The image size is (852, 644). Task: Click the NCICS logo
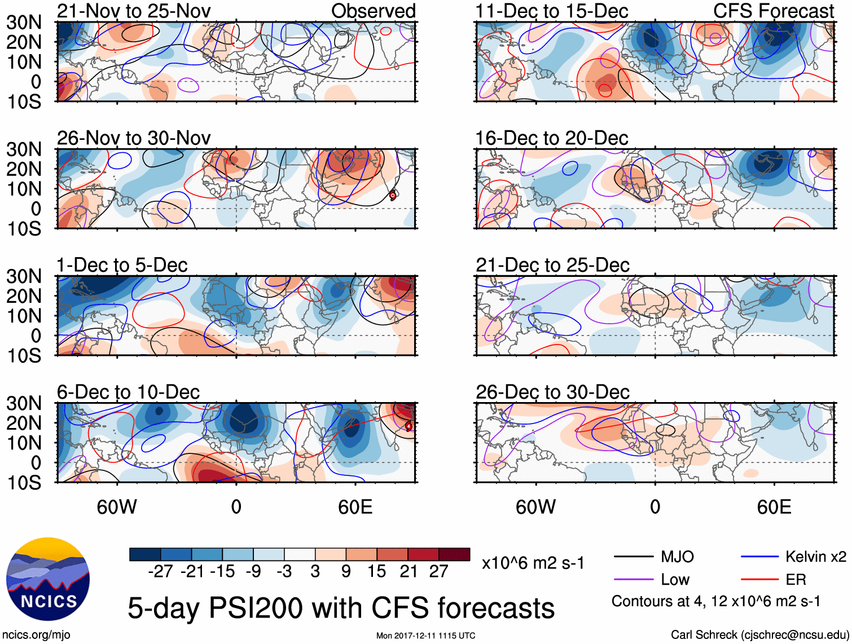pyautogui.click(x=48, y=579)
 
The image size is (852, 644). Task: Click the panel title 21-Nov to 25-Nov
pyautogui.click(x=134, y=11)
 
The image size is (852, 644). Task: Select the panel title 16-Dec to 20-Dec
pyautogui.click(x=551, y=138)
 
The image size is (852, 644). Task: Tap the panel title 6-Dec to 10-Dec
pyautogui.click(x=128, y=392)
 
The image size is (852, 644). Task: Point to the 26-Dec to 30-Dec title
pyautogui.click(x=552, y=392)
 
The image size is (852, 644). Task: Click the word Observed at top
pyautogui.click(x=373, y=11)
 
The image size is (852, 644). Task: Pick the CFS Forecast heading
pyautogui.click(x=773, y=11)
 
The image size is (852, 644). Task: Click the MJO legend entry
pyautogui.click(x=677, y=557)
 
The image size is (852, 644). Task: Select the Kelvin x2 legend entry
pyautogui.click(x=815, y=557)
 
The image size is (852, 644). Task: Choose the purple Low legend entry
pyautogui.click(x=675, y=580)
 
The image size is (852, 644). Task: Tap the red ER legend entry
pyautogui.click(x=796, y=580)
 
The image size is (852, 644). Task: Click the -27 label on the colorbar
pyautogui.click(x=160, y=571)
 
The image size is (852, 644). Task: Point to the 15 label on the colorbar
pyautogui.click(x=376, y=571)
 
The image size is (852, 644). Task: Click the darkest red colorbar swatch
pyautogui.click(x=454, y=554)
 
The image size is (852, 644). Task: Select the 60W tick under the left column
pyautogui.click(x=117, y=507)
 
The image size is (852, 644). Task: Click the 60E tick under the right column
pyautogui.click(x=774, y=507)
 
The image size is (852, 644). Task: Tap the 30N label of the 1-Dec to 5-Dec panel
pyautogui.click(x=24, y=276)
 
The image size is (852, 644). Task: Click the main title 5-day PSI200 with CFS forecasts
pyautogui.click(x=341, y=608)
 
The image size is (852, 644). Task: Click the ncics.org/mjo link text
pyautogui.click(x=36, y=635)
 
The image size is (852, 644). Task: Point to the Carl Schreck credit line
pyautogui.click(x=759, y=635)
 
